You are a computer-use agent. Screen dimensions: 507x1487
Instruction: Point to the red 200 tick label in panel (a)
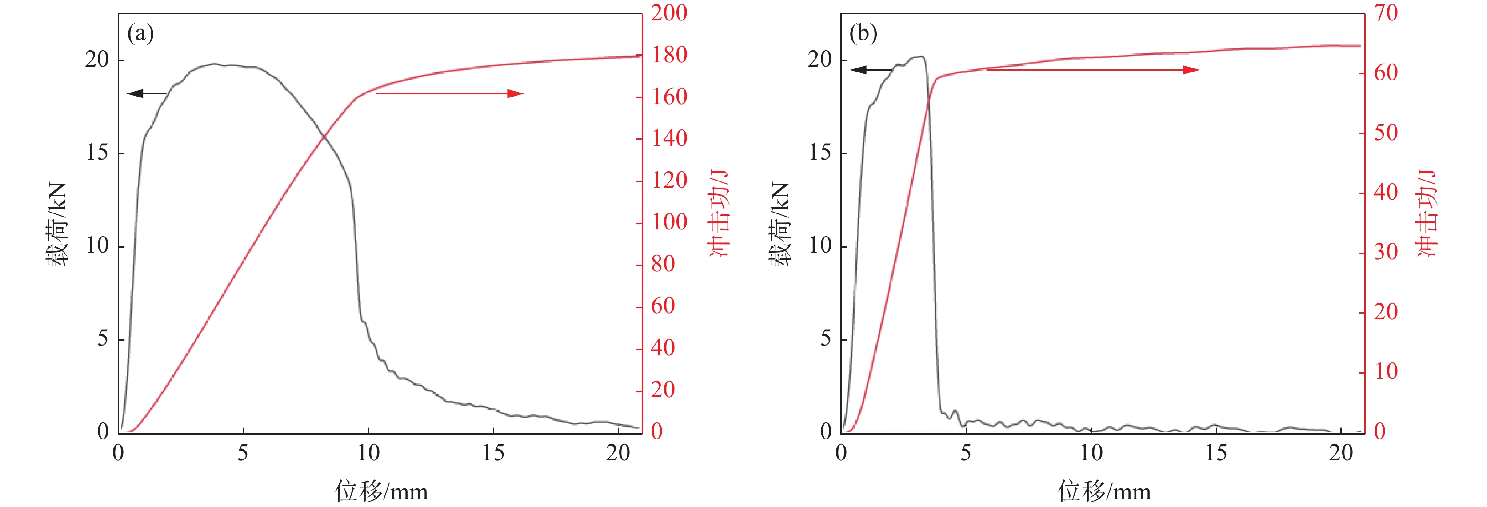click(669, 13)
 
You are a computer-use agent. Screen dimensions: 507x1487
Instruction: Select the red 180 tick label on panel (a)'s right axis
click(669, 55)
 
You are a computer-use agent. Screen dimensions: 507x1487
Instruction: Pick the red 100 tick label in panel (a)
click(669, 222)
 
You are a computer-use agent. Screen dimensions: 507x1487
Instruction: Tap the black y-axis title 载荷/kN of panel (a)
click(56, 224)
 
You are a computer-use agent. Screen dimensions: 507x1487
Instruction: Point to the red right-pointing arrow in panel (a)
click(450, 93)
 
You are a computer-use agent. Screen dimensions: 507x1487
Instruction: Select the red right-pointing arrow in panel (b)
click(1092, 70)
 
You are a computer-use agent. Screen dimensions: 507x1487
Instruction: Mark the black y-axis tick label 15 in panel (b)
click(819, 153)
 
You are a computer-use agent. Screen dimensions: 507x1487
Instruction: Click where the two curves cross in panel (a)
click(324, 137)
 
